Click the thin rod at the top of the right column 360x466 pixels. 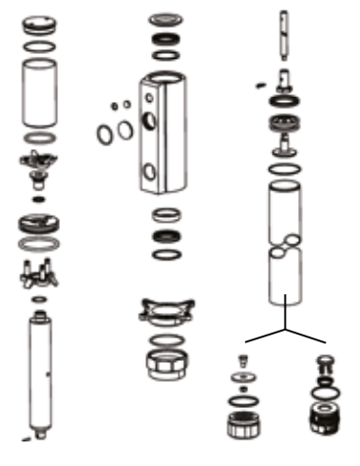tap(283, 35)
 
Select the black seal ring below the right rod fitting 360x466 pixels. tap(283, 101)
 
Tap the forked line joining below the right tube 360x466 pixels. tap(285, 328)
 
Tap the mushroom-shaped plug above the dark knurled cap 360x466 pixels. tap(327, 364)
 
